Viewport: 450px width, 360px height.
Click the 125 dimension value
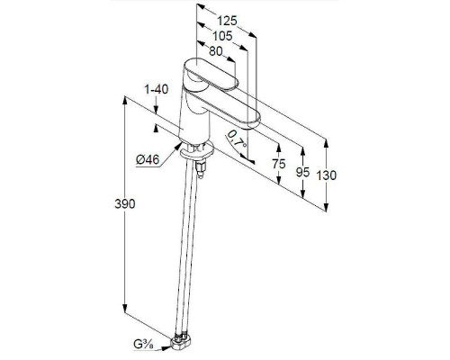point(227,21)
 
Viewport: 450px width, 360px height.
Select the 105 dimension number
point(222,36)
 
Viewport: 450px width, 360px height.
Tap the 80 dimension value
point(216,51)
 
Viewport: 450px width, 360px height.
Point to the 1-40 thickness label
point(157,89)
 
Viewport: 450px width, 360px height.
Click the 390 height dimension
point(125,204)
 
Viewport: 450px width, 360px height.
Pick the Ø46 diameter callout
point(148,159)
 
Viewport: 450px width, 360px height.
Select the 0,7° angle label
point(237,139)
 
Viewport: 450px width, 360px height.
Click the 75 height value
point(279,164)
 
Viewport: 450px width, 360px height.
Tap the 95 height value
point(302,172)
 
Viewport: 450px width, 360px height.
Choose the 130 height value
point(327,175)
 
